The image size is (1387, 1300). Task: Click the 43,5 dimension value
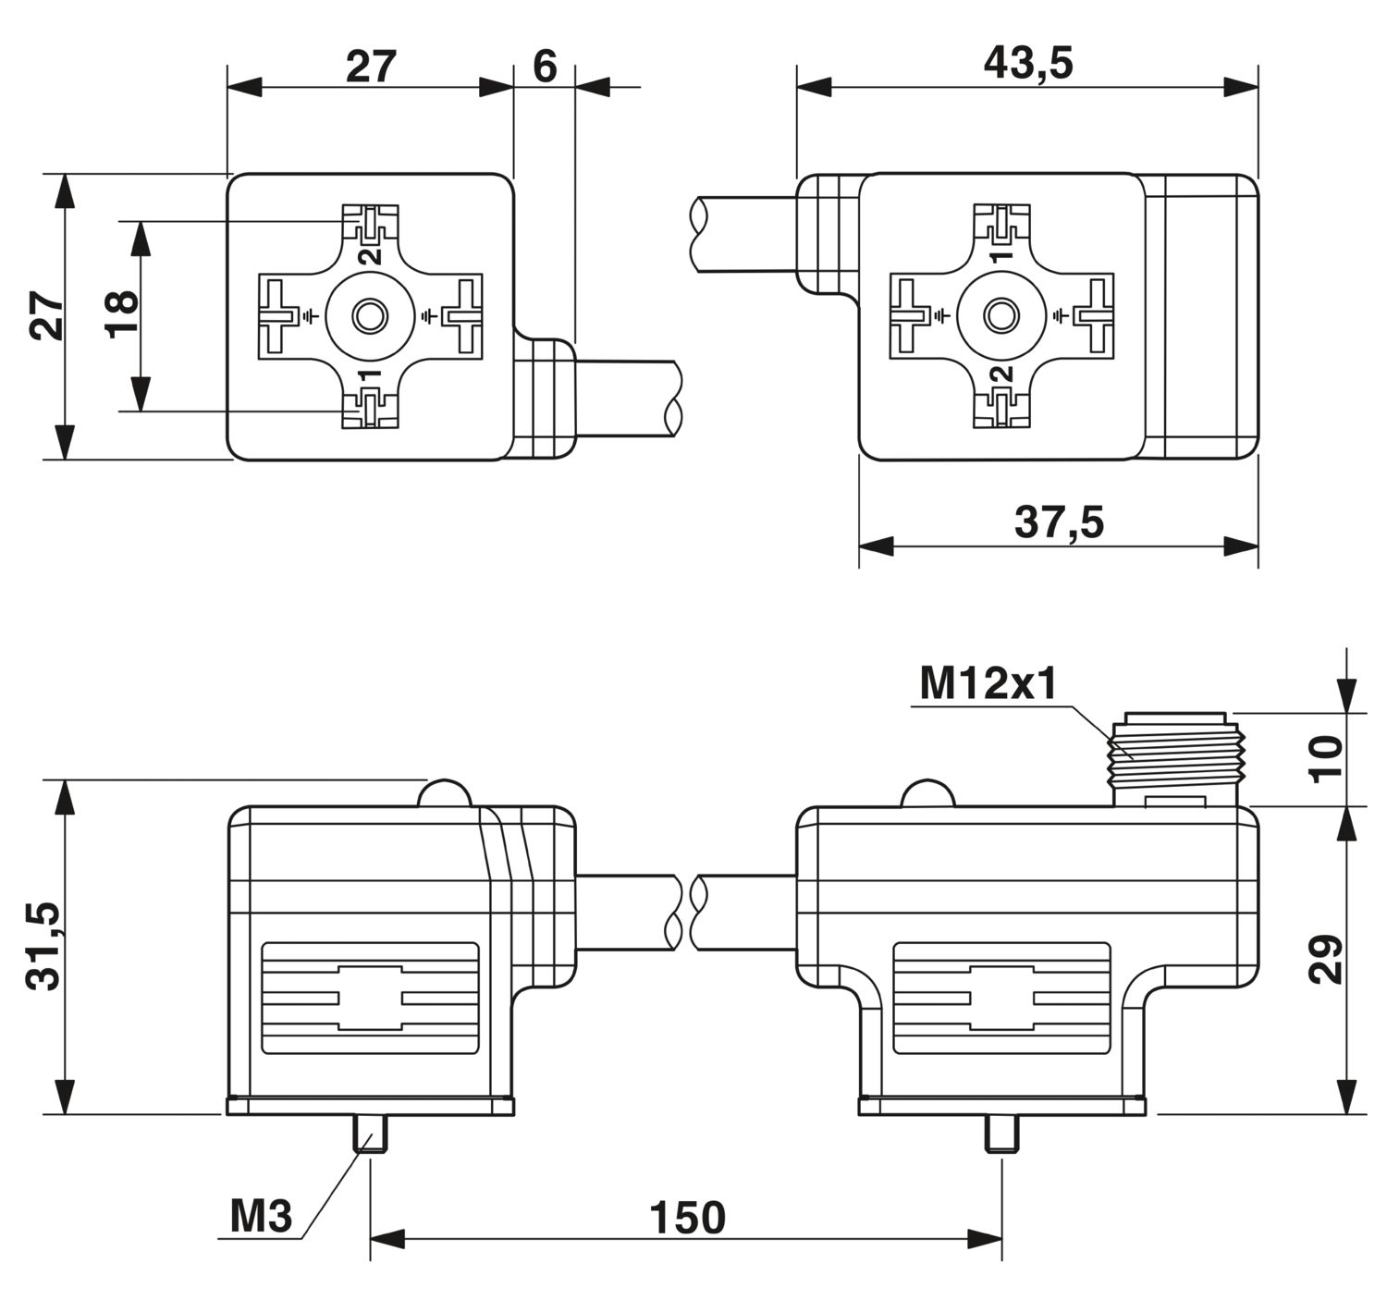click(x=1028, y=64)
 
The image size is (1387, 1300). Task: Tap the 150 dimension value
click(x=687, y=1218)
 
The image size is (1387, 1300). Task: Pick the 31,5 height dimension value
click(x=44, y=947)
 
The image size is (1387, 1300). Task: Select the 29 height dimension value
click(x=1326, y=959)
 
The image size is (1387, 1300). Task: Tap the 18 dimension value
click(x=121, y=314)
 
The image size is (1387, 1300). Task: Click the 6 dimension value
click(x=545, y=67)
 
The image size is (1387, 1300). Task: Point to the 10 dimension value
click(x=1326, y=759)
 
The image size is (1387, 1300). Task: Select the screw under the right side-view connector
click(x=1001, y=1133)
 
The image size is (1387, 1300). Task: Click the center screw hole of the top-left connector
click(x=370, y=317)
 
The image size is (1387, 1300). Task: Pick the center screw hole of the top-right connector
click(x=1001, y=317)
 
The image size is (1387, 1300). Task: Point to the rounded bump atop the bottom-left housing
click(x=445, y=793)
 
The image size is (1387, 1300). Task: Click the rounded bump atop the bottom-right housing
click(x=927, y=793)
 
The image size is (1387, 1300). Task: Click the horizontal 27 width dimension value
click(x=371, y=67)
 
